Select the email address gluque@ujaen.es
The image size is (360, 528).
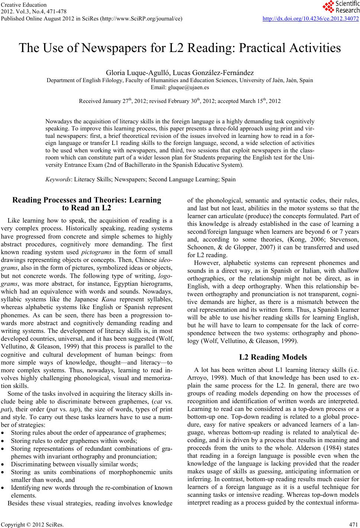coord(180,88)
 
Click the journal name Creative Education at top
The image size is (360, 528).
coord(24,5)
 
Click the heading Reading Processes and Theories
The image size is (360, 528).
coord(87,200)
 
